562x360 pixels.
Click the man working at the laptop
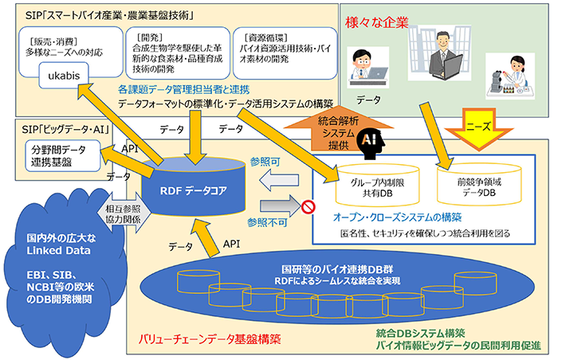(369, 68)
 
